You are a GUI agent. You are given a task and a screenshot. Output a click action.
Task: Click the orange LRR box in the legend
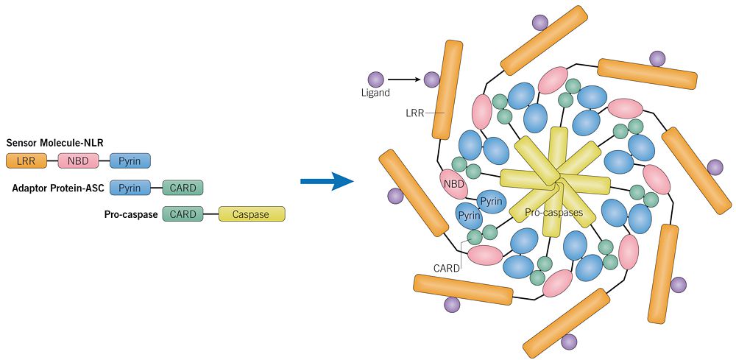[x=26, y=160]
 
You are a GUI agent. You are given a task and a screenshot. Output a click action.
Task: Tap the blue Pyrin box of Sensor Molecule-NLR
[x=130, y=160]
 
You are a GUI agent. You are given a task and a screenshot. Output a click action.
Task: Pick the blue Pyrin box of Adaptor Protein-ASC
[x=130, y=188]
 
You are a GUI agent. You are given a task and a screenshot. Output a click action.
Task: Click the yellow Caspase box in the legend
[x=251, y=214]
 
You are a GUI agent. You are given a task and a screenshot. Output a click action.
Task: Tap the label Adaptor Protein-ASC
[x=58, y=188]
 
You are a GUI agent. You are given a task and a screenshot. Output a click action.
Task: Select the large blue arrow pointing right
[x=328, y=180]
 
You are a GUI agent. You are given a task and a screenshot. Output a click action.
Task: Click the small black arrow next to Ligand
[x=404, y=79]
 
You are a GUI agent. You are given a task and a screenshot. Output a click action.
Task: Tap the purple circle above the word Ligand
[x=375, y=78]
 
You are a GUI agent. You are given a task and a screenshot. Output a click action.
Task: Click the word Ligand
[x=375, y=93]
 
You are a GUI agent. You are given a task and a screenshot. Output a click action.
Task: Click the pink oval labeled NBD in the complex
[x=454, y=183]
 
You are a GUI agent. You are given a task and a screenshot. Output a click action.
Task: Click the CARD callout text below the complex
[x=446, y=268]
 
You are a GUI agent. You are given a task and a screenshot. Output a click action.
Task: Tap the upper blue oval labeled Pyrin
[x=491, y=201]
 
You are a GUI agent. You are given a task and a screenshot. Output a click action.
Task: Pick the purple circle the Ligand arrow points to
[x=431, y=79]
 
